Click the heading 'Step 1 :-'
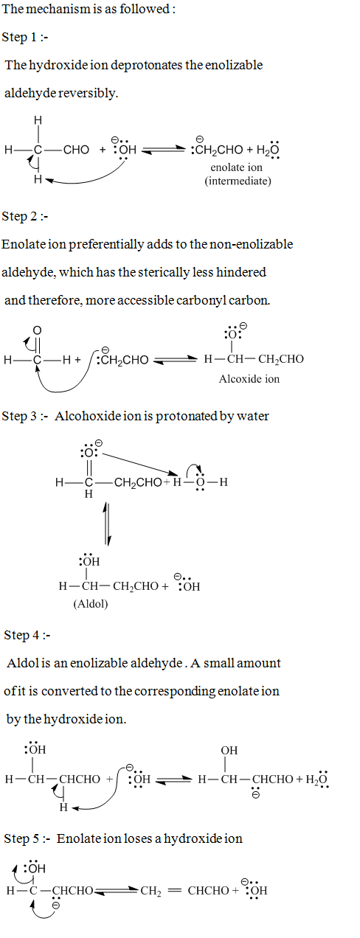[x=25, y=38]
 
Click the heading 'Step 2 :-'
[x=25, y=217]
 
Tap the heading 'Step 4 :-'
[x=27, y=635]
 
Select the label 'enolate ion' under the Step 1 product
[x=236, y=167]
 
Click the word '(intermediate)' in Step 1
[x=238, y=181]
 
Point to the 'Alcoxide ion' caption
[x=249, y=379]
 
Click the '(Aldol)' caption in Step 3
[x=91, y=604]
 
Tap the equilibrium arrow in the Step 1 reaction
[x=164, y=150]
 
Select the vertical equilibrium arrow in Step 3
[x=107, y=524]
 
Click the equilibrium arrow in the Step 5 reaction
[x=117, y=891]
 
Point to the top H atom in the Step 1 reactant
[x=38, y=121]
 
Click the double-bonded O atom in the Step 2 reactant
[x=38, y=331]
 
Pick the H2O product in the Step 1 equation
[x=268, y=150]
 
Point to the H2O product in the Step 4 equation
[x=316, y=779]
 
